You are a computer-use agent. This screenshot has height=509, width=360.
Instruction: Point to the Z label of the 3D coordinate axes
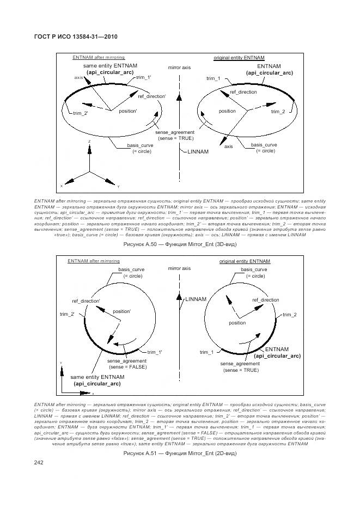click(x=88, y=141)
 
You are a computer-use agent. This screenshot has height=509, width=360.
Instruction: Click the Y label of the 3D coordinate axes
click(x=118, y=187)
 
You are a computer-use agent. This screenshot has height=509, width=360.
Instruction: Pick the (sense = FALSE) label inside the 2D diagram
click(x=127, y=367)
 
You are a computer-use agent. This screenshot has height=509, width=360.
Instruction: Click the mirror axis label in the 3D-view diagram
click(x=179, y=68)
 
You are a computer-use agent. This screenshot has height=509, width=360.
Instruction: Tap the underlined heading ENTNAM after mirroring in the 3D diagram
click(x=99, y=57)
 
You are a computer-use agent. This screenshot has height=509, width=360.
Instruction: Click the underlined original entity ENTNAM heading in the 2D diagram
click(x=245, y=261)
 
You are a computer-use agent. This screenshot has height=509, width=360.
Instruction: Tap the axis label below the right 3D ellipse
click(x=229, y=146)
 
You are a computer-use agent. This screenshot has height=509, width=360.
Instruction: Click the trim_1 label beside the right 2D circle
click(x=206, y=352)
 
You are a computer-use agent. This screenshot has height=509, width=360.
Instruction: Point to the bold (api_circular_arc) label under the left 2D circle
click(x=97, y=384)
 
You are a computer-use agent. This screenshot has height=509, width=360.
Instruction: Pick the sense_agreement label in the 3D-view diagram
click(x=175, y=132)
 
